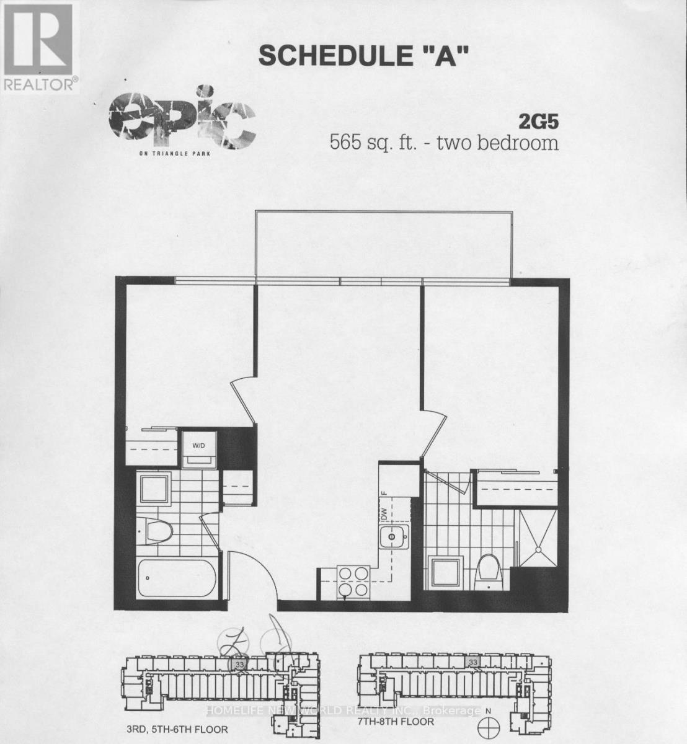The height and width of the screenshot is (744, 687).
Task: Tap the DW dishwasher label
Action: pyautogui.click(x=384, y=514)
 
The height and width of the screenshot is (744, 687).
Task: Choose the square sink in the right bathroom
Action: pyautogui.click(x=445, y=573)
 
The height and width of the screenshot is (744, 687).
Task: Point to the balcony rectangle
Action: pyautogui.click(x=384, y=245)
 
